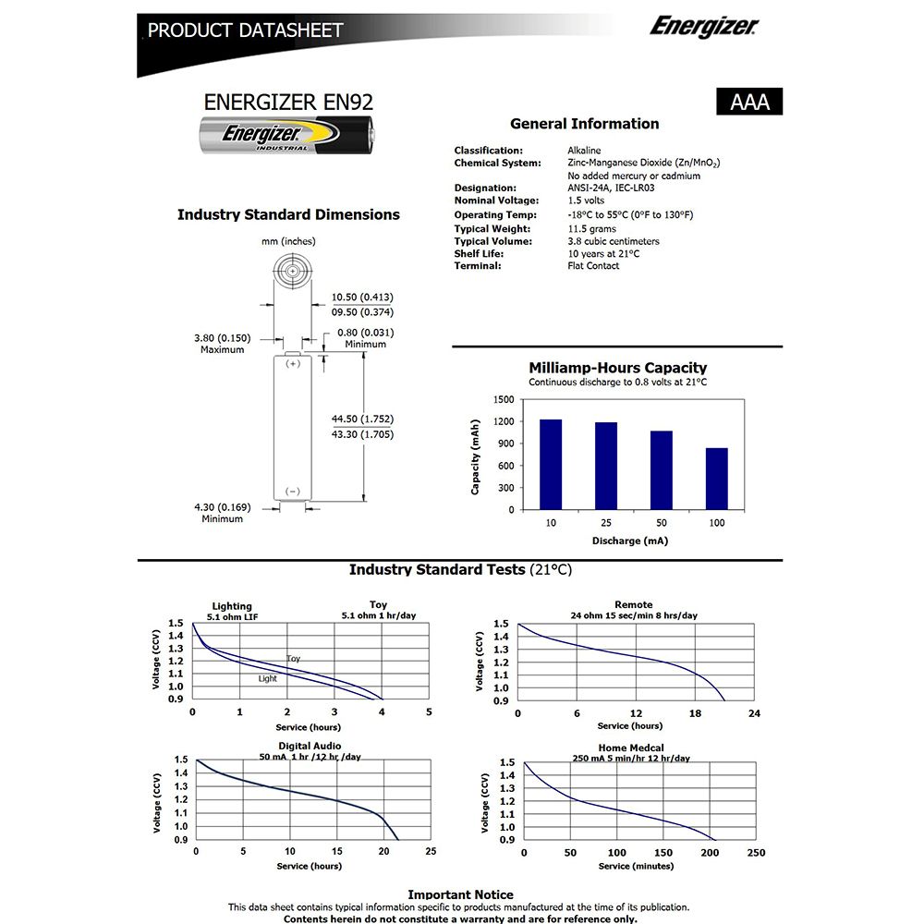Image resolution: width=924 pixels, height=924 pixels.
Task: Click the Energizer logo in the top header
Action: click(703, 26)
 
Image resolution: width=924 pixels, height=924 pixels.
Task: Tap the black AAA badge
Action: click(749, 102)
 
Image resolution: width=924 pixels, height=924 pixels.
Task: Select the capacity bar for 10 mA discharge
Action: click(551, 464)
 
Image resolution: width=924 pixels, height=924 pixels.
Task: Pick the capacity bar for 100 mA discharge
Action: click(717, 479)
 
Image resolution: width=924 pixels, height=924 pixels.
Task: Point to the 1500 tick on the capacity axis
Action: click(503, 399)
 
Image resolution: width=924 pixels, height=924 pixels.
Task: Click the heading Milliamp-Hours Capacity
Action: click(617, 368)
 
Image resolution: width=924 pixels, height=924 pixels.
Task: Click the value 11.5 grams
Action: click(591, 228)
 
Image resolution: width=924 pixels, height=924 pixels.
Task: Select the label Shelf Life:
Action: click(478, 253)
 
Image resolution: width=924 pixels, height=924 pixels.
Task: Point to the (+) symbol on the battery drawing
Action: click(293, 363)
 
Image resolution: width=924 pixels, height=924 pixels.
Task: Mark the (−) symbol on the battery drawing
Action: click(293, 491)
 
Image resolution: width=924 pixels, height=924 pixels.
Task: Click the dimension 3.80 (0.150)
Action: click(222, 337)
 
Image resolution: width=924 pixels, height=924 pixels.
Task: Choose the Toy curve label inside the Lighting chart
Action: click(293, 659)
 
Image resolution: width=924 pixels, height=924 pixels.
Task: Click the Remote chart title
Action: click(633, 604)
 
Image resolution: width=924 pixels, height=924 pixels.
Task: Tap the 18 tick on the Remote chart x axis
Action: click(695, 713)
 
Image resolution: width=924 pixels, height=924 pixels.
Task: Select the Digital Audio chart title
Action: click(310, 746)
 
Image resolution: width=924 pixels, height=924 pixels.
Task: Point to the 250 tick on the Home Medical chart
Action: click(756, 853)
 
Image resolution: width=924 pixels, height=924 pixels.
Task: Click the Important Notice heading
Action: click(460, 894)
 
